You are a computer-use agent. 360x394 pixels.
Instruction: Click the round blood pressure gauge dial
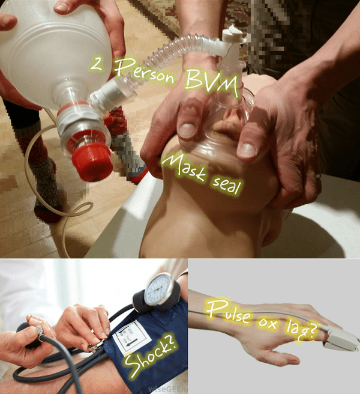pos(161,290)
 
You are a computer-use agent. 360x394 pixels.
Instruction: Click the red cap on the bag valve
pos(92,158)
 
